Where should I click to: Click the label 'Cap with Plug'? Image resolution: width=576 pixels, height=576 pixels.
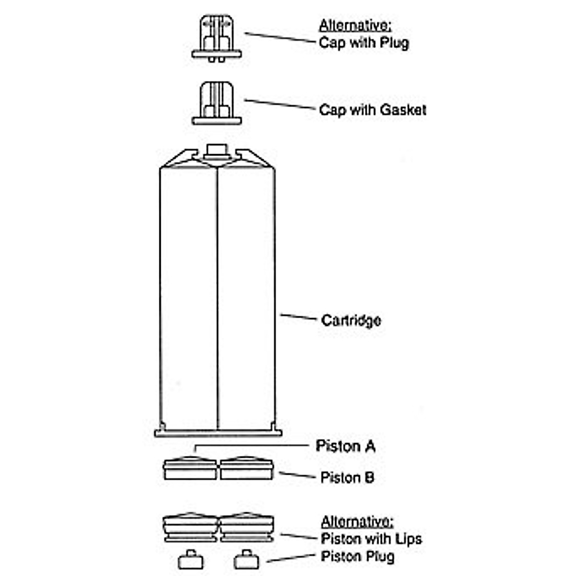tap(364, 43)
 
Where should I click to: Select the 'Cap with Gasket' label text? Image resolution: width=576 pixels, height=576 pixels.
tap(372, 110)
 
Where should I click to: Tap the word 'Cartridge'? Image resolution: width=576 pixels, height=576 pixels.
tap(351, 320)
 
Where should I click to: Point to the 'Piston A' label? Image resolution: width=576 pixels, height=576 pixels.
tap(345, 446)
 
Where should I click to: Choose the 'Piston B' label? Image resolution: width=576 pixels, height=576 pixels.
tap(347, 478)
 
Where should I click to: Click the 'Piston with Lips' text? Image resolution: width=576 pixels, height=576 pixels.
tap(371, 539)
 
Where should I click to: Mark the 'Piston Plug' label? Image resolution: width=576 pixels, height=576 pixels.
tap(358, 557)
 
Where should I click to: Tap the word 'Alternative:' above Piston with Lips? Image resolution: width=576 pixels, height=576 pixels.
tap(357, 522)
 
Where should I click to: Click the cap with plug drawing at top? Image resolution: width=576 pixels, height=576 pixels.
tap(216, 38)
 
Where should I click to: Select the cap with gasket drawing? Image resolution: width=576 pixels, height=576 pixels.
tap(216, 104)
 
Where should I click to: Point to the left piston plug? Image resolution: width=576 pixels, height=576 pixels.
tap(191, 560)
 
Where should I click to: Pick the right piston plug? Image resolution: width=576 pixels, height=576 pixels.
tap(246, 560)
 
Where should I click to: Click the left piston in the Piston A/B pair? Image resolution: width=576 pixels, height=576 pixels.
tap(191, 468)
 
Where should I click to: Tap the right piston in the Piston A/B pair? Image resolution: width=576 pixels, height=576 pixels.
tap(246, 468)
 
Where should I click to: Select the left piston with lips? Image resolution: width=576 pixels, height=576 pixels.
tap(191, 528)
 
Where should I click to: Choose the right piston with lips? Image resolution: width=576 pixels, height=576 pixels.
tap(247, 528)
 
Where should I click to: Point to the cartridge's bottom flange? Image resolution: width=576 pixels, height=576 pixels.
tap(217, 433)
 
